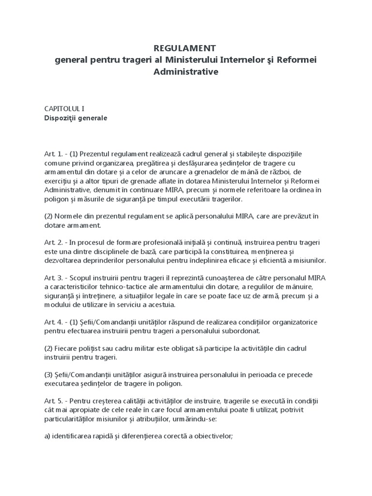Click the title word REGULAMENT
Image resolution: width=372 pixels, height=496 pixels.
pyautogui.click(x=185, y=48)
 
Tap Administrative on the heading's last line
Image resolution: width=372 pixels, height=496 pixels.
pyautogui.click(x=186, y=71)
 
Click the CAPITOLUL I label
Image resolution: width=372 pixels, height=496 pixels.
pyautogui.click(x=64, y=109)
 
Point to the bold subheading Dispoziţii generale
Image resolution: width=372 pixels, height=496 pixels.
pyautogui.click(x=76, y=118)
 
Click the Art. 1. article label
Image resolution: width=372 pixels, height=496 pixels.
pyautogui.click(x=54, y=154)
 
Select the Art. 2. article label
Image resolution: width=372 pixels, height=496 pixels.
pyautogui.click(x=54, y=242)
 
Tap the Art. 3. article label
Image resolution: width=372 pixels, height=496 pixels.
pyautogui.click(x=54, y=278)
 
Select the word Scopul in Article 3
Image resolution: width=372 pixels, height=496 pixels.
pyautogui.click(x=83, y=278)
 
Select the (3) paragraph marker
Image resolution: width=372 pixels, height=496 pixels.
pyautogui.click(x=49, y=375)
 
